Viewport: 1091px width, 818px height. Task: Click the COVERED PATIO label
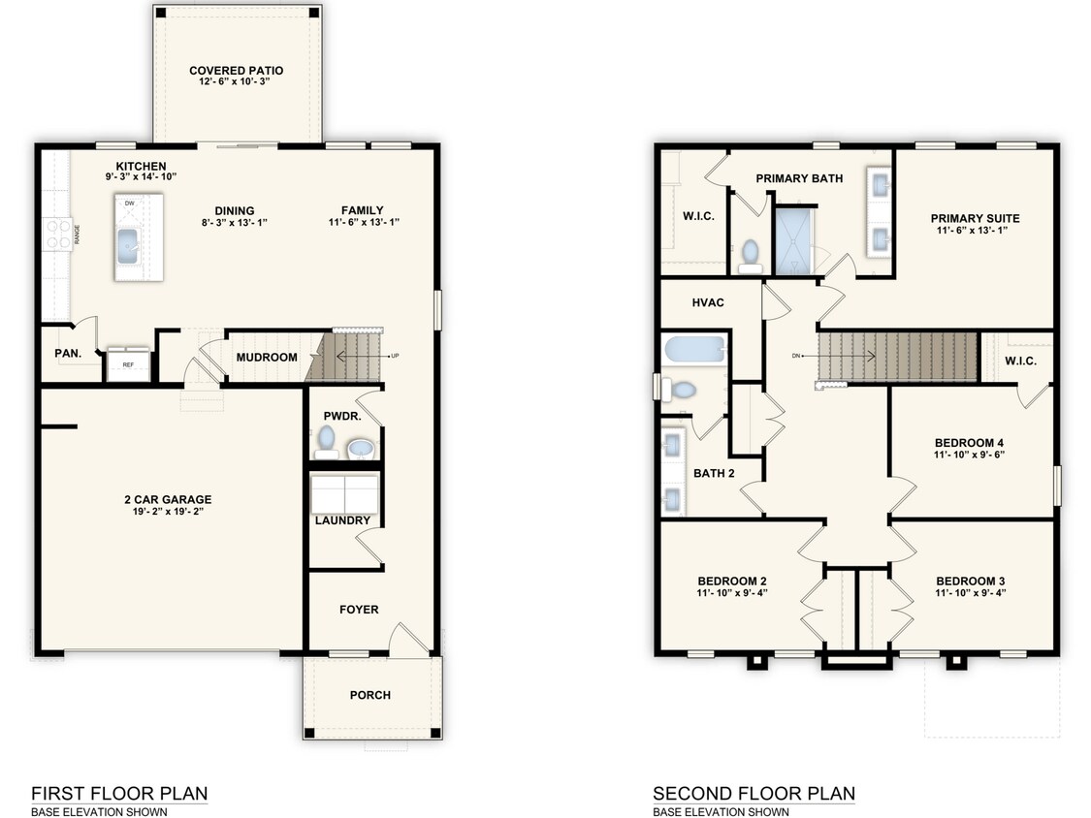237,70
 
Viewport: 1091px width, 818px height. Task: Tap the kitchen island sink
129,247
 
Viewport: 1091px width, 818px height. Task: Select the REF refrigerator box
128,363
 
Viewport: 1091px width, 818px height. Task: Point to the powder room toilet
326,442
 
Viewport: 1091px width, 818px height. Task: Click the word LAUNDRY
342,520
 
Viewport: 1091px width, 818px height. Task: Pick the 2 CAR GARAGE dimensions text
168,512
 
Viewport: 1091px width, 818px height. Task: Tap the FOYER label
359,610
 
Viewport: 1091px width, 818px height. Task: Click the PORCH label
370,695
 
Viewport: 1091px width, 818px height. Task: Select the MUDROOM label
267,358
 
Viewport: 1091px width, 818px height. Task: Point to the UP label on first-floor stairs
395,356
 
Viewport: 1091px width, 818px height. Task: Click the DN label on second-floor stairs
796,356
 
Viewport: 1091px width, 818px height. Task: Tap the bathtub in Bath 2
695,349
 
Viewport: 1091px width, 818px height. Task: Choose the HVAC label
708,302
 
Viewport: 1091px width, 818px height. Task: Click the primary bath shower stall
793,240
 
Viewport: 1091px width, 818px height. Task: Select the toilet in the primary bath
750,256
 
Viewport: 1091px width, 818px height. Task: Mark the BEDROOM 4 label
969,443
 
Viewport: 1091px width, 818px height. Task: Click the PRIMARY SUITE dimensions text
973,231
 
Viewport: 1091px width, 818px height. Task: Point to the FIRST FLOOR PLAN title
119,794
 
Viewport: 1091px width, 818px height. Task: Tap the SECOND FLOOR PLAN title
754,794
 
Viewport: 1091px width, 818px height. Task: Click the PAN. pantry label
68,354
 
